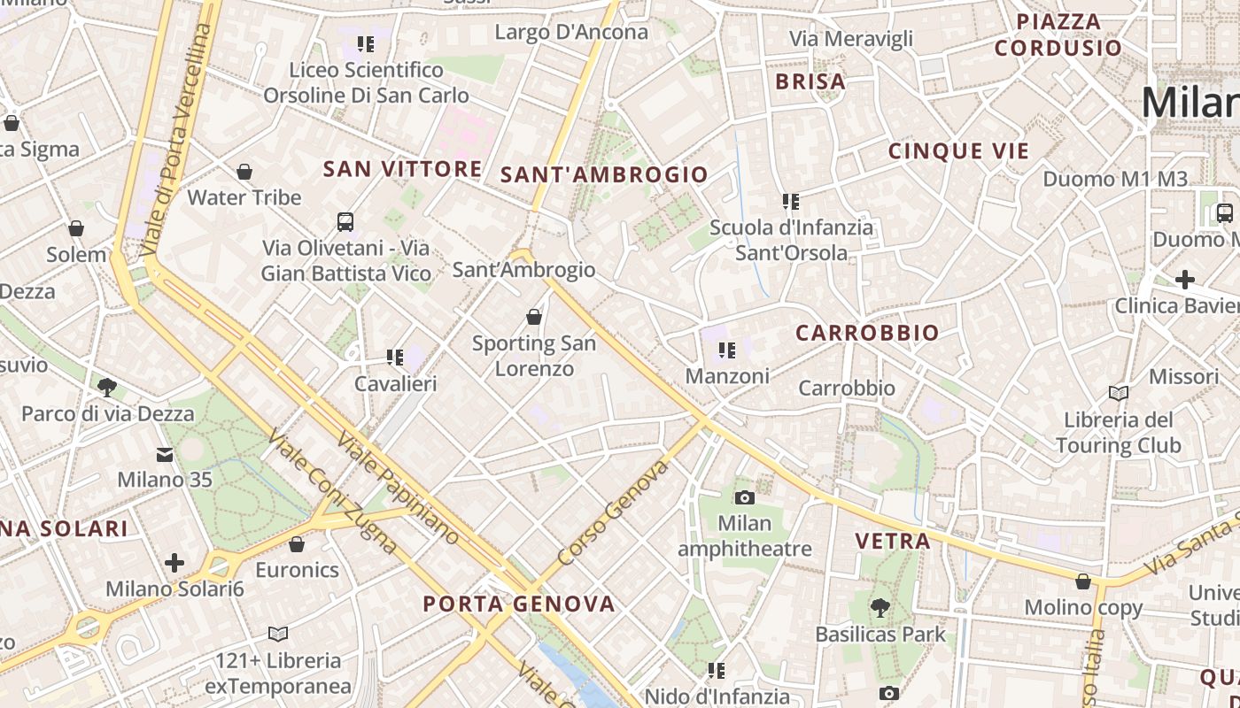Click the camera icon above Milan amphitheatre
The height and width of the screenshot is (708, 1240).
pos(745,497)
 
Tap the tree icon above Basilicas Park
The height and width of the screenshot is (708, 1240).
pos(880,608)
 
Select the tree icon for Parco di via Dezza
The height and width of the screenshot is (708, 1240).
pos(107,387)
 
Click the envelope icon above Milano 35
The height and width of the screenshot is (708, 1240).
pos(165,455)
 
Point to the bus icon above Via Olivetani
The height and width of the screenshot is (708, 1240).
pos(345,222)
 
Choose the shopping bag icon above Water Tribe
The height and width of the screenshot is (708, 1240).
pos(244,172)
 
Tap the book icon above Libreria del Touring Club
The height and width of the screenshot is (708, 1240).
pos(1118,393)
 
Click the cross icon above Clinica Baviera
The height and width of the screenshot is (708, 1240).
pos(1184,281)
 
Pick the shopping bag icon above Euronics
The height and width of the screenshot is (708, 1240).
pos(297,543)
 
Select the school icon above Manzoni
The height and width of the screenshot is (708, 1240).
pos(727,350)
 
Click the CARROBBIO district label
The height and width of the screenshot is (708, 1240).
pos(867,333)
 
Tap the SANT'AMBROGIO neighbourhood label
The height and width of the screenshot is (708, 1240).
pos(604,174)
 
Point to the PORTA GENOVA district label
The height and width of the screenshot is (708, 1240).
pos(518,604)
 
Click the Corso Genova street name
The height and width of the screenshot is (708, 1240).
pos(613,512)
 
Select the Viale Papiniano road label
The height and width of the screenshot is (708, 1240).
pos(398,488)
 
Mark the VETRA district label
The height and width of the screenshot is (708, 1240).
pos(892,541)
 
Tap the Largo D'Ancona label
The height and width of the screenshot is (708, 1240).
pos(571,33)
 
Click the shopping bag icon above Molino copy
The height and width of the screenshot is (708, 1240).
pos(1082,581)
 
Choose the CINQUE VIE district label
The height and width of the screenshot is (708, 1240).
pos(959,151)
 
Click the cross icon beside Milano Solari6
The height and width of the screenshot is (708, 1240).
pos(174,563)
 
